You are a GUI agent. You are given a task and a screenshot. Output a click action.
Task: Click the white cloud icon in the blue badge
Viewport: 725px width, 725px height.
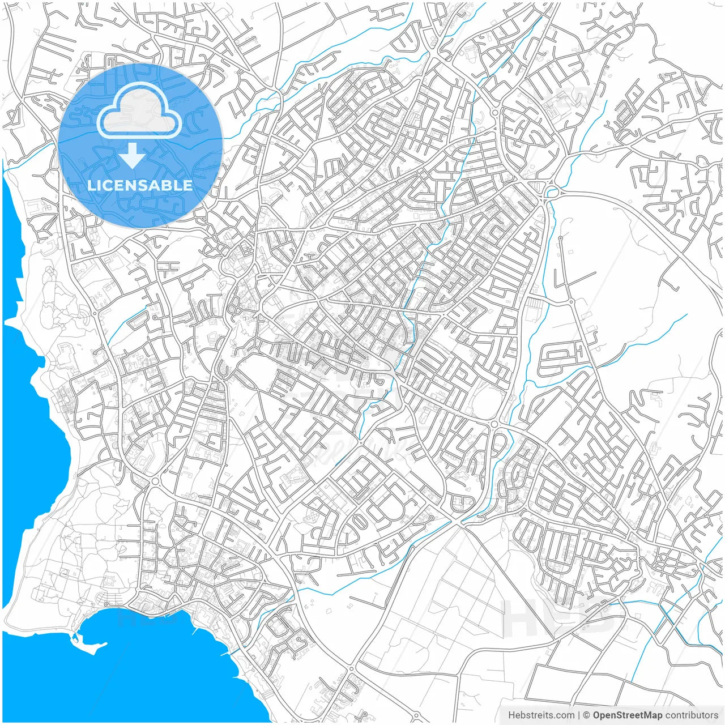140,113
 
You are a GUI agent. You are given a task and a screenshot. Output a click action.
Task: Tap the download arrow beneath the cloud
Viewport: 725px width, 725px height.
133,156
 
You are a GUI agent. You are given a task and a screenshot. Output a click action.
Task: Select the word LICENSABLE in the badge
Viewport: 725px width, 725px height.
140,185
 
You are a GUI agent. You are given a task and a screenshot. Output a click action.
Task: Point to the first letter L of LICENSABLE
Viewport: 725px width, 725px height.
91,185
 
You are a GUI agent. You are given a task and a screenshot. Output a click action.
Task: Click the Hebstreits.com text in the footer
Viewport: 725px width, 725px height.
541,715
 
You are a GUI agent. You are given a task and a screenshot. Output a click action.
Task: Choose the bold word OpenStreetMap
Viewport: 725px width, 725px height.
628,715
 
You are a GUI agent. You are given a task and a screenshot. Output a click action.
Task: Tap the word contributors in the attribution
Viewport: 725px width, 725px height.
692,715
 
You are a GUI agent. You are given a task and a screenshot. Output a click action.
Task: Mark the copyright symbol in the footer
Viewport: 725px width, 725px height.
587,715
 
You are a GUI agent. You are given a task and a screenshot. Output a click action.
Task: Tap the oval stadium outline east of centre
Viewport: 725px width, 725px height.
487,403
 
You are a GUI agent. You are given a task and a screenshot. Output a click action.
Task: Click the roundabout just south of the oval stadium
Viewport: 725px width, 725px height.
494,424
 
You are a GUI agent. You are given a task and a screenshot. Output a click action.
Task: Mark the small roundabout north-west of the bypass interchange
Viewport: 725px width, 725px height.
495,113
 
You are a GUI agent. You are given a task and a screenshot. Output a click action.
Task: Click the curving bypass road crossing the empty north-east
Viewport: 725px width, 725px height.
634,215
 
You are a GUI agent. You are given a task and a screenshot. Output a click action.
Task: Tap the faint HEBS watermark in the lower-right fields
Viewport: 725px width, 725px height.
558,617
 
